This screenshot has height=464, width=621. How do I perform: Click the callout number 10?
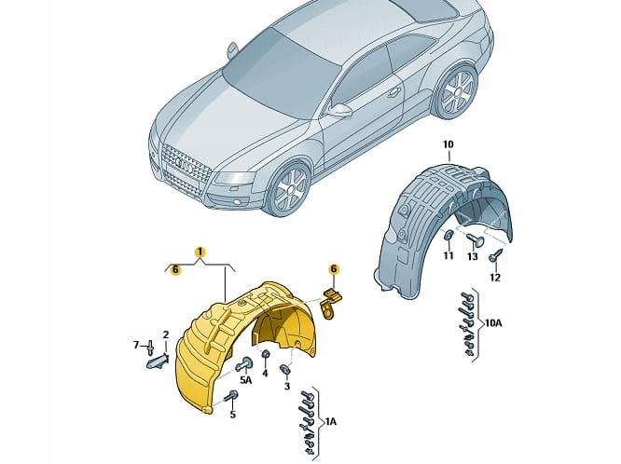(448, 143)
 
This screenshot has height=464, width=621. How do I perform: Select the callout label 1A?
(330, 422)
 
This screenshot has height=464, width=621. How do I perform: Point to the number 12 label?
(495, 277)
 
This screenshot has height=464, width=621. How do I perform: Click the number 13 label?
(472, 256)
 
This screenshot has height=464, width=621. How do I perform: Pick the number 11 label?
(448, 255)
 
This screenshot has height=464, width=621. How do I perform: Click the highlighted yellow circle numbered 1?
(199, 251)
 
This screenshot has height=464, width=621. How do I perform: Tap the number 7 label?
(136, 345)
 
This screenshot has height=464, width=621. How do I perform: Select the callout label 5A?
(246, 380)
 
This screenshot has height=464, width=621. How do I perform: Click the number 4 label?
(265, 374)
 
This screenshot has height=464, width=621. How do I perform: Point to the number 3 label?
(286, 386)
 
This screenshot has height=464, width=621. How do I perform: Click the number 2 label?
(165, 334)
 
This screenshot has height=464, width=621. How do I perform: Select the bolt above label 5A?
(245, 363)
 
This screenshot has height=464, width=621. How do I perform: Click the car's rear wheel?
(454, 93)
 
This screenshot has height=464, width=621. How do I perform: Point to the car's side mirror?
(341, 110)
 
